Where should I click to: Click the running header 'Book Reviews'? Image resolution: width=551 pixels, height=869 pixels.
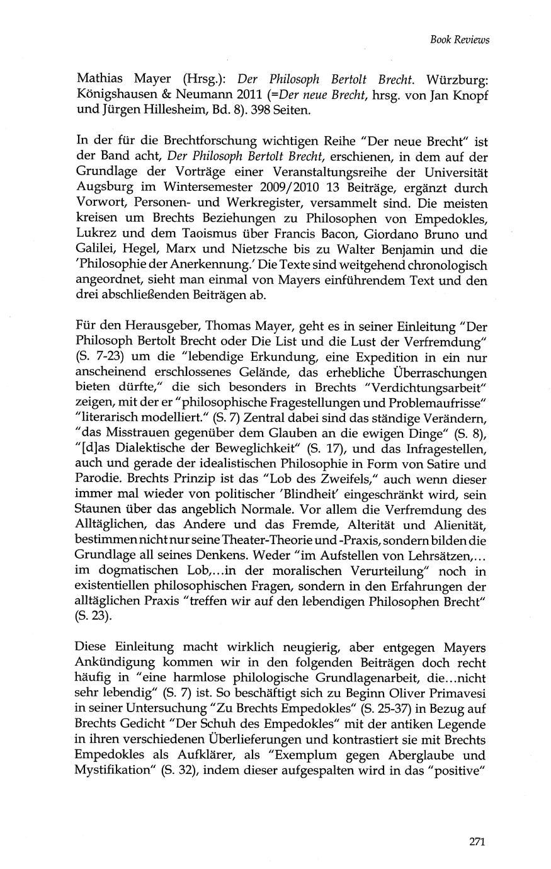point(460,40)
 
